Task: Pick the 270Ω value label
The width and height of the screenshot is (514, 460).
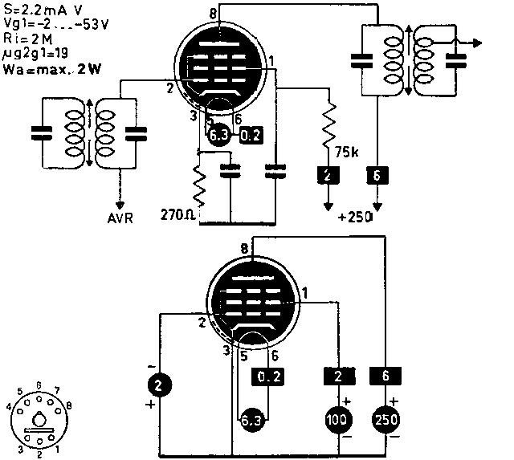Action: (x=177, y=215)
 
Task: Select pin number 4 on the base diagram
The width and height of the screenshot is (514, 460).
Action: (x=9, y=407)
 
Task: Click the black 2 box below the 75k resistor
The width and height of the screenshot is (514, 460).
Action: (x=327, y=173)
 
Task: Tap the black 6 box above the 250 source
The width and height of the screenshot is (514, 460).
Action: (x=384, y=374)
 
